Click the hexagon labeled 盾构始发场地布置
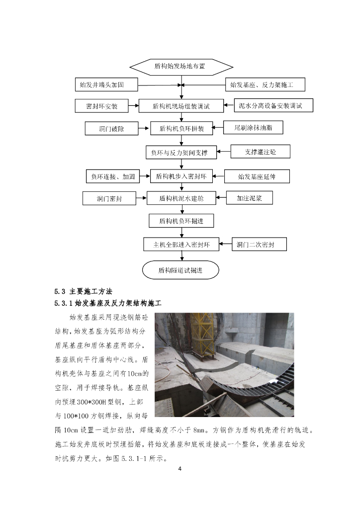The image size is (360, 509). click(x=180, y=66)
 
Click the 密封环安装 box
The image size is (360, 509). click(x=101, y=106)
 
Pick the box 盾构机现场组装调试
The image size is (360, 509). click(x=181, y=106)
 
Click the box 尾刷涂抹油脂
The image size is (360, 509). click(x=253, y=128)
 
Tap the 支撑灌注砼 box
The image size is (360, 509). click(x=260, y=151)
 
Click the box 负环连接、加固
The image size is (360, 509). click(x=113, y=176)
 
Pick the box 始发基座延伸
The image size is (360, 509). click(x=257, y=176)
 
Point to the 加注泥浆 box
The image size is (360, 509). click(x=250, y=198)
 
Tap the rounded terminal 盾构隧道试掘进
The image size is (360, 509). click(x=180, y=270)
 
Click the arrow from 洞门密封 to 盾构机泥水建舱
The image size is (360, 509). click(x=141, y=198)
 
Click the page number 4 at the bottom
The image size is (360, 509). click(x=180, y=468)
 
